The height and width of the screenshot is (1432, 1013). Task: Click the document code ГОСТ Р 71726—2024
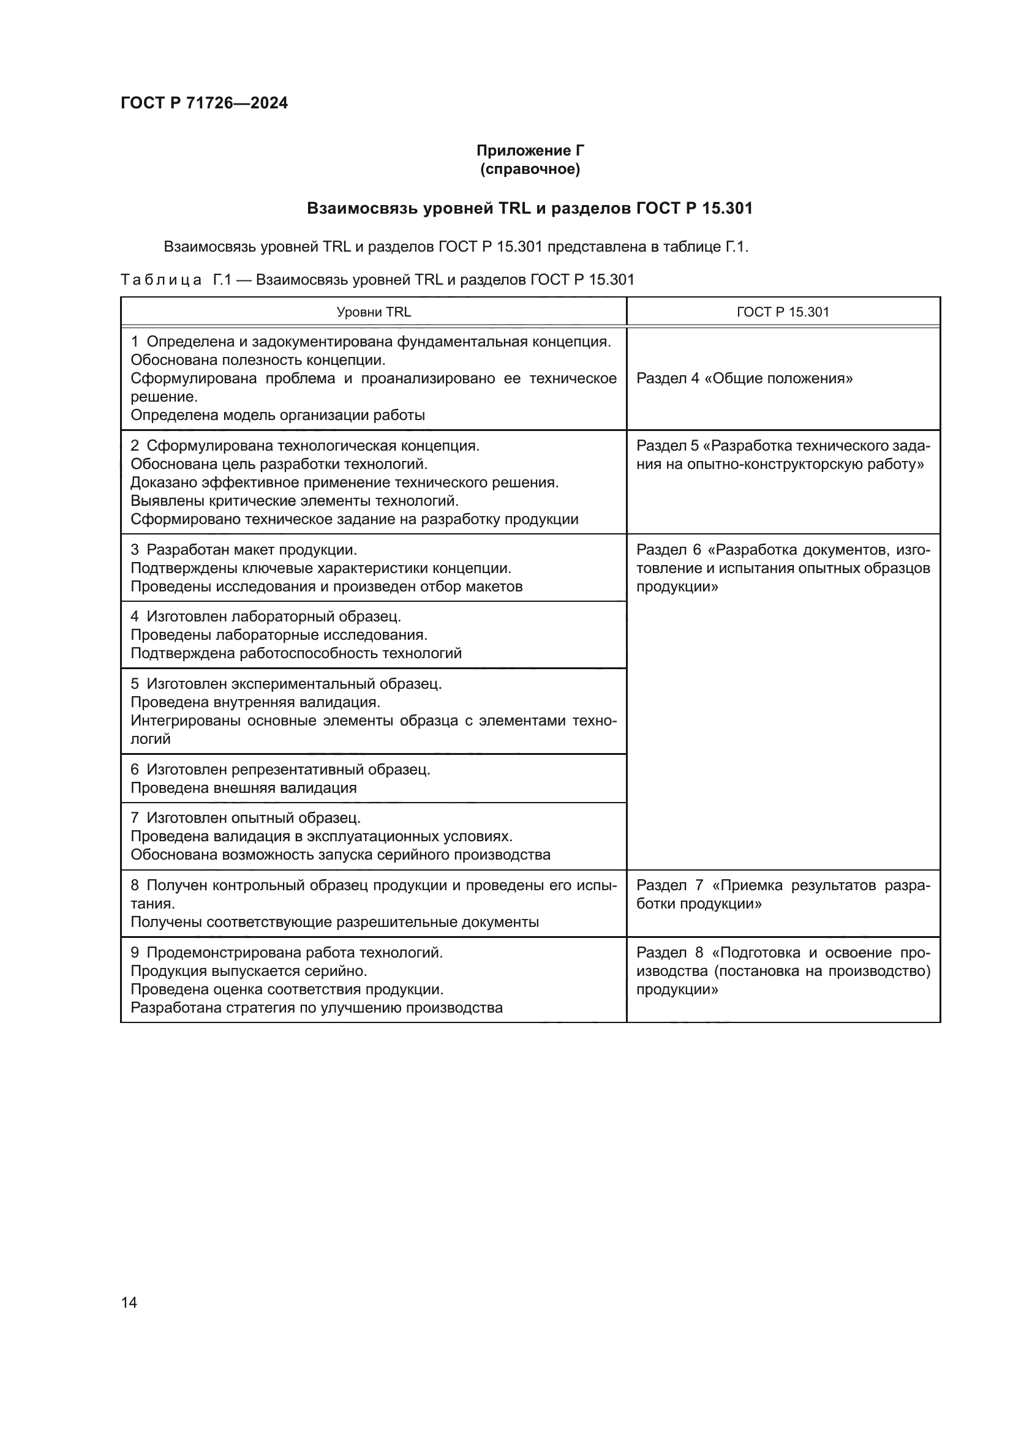[204, 103]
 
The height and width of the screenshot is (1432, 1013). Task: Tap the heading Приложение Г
[530, 151]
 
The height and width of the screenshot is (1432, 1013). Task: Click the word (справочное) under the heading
[530, 169]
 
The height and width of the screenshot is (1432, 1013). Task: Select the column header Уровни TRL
[374, 312]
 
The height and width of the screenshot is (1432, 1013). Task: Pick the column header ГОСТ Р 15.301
[783, 312]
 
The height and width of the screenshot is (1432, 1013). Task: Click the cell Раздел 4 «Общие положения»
[744, 378]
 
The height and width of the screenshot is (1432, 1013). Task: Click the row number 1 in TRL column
[135, 342]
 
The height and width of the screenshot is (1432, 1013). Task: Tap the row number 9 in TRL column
[135, 953]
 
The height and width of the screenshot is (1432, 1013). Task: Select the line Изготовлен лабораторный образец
[274, 617]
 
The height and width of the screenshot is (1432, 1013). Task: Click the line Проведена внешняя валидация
[243, 788]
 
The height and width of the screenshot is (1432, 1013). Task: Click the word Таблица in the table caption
[161, 279]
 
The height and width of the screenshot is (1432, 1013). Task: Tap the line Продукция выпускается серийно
[249, 971]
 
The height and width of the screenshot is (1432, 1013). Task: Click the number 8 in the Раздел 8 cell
[699, 953]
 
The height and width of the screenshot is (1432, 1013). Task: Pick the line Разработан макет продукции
[251, 550]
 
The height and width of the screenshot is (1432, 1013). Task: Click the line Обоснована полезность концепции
[258, 360]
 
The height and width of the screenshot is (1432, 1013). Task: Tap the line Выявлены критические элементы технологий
[295, 501]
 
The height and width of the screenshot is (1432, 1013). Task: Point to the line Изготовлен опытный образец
[254, 818]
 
